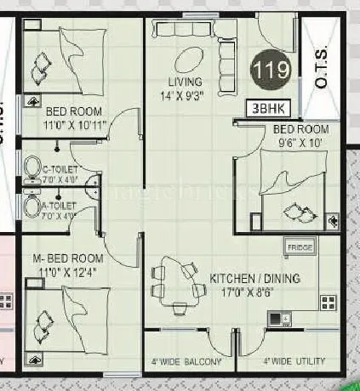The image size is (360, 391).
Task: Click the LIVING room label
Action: [186, 82]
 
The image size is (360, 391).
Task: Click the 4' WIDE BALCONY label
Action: [187, 362]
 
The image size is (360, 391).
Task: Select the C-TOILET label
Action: [59, 170]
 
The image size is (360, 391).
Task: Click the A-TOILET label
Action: [59, 206]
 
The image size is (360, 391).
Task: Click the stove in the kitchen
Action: [276, 320]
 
